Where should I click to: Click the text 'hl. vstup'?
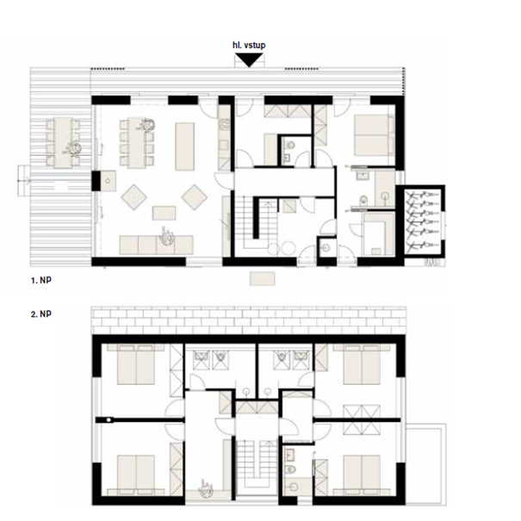point(249,45)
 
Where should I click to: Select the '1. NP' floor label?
point(41,280)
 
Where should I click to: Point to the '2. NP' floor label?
point(41,313)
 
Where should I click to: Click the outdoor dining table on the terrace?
point(63,142)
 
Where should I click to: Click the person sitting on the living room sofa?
point(167,236)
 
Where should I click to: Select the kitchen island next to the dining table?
point(185,146)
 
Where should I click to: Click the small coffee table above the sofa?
point(164,213)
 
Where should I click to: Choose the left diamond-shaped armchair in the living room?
point(133,197)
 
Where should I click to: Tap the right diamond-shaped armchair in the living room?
point(195,197)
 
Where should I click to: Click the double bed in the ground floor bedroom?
point(371,135)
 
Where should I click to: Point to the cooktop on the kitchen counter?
point(224,124)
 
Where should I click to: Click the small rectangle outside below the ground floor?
point(262,279)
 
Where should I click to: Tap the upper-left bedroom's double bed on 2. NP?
point(136,363)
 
